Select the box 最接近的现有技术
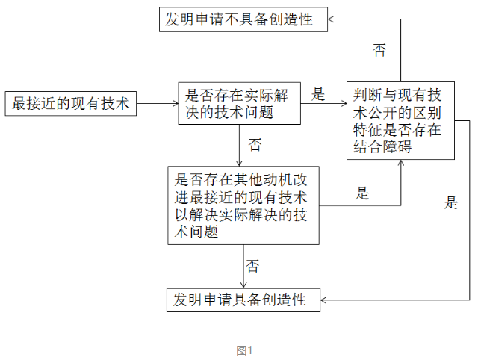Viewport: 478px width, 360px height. pyautogui.click(x=71, y=103)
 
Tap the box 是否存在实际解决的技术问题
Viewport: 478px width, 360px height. pyautogui.click(x=239, y=103)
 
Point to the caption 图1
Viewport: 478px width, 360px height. pyautogui.click(x=245, y=350)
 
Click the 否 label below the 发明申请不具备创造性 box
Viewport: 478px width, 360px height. pyautogui.click(x=379, y=51)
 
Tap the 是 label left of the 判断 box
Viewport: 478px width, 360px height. pyautogui.click(x=318, y=94)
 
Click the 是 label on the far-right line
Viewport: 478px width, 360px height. pyautogui.click(x=451, y=202)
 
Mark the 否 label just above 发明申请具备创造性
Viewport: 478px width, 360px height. pyautogui.click(x=253, y=266)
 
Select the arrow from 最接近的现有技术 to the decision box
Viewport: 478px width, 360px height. pyautogui.click(x=157, y=103)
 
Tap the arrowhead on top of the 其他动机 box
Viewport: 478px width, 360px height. pyautogui.click(x=240, y=163)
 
